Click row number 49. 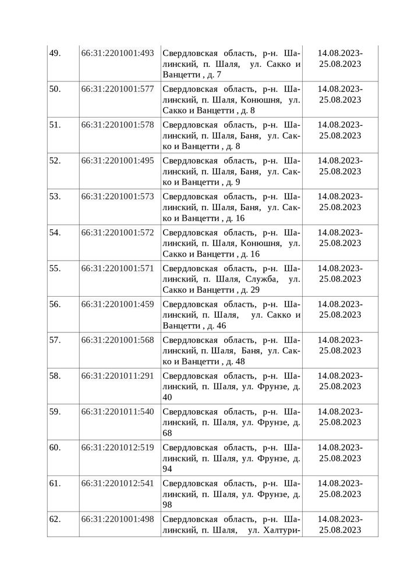click(x=55, y=53)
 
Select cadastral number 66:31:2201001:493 click(x=118, y=53)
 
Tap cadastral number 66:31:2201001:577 click(x=118, y=89)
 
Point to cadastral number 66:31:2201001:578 click(x=118, y=125)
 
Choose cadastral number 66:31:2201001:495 click(x=118, y=161)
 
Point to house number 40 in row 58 click(x=168, y=397)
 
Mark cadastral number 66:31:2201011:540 click(x=118, y=411)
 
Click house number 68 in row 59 click(x=168, y=434)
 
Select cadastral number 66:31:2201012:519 click(x=118, y=448)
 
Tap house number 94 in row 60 click(x=168, y=469)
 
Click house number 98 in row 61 click(x=168, y=505)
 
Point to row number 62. click(x=55, y=519)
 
